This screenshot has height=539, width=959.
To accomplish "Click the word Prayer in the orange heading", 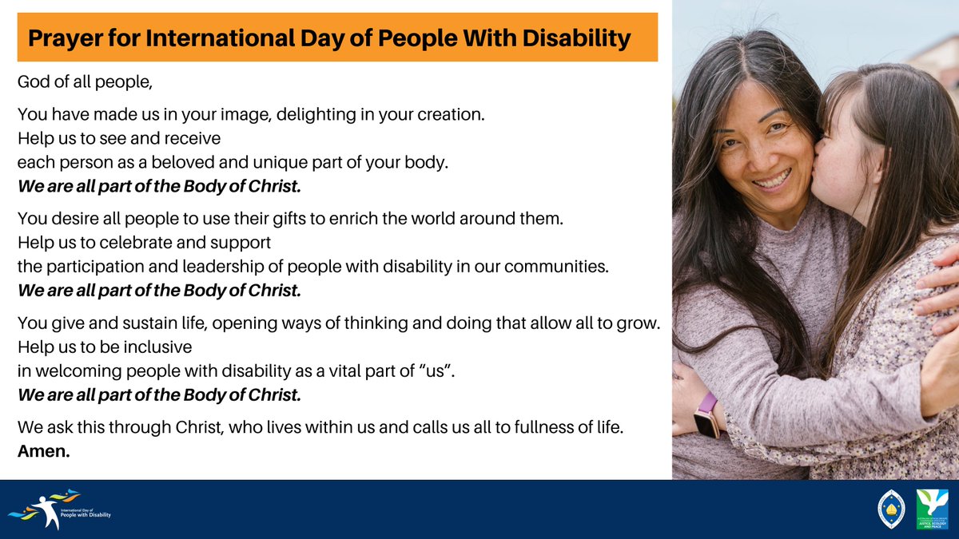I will click(x=65, y=38).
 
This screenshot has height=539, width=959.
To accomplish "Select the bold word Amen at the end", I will click(x=44, y=451).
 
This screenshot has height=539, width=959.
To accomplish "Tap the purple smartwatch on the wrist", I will click(x=706, y=414).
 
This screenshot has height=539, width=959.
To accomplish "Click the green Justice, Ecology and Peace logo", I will click(x=932, y=509).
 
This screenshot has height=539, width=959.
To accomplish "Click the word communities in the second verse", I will click(x=559, y=266).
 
